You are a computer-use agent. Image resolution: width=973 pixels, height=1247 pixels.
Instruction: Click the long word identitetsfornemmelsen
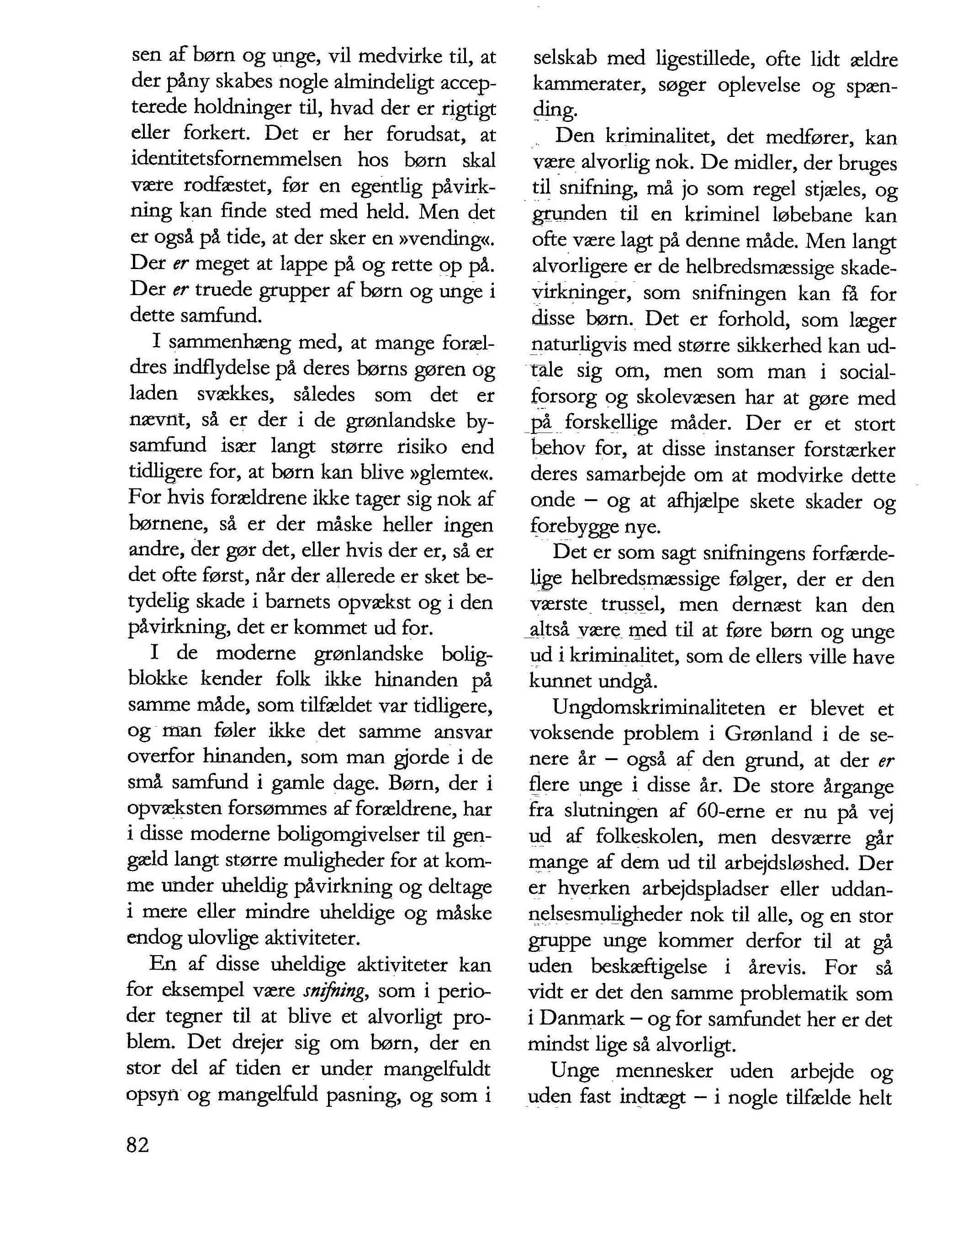click(x=236, y=160)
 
